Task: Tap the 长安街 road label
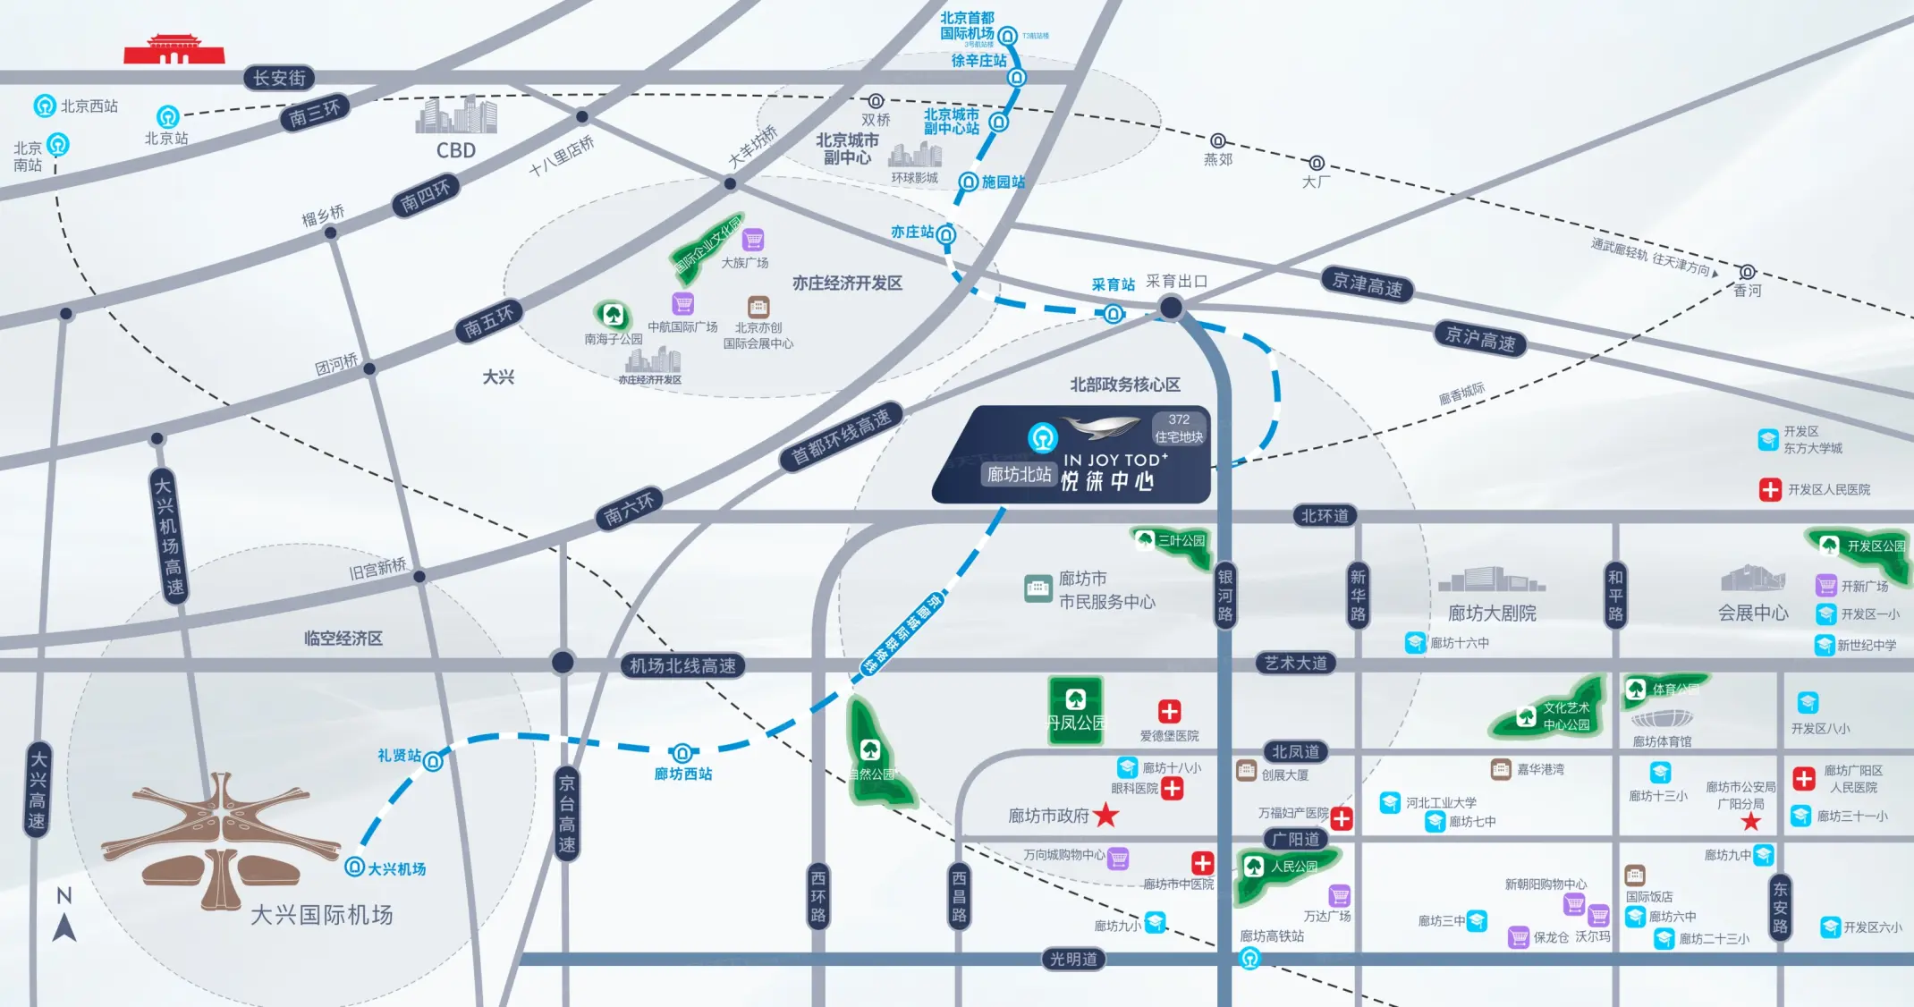coord(279,78)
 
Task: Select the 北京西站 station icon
coord(45,106)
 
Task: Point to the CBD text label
coord(456,150)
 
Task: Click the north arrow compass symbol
coord(64,927)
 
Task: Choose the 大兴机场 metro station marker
coord(355,867)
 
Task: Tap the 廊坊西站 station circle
coord(682,753)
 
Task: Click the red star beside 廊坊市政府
coord(1106,815)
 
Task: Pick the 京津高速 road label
coord(1368,285)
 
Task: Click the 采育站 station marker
coord(1114,314)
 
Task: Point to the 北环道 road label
coord(1325,516)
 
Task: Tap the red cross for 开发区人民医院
coord(1770,489)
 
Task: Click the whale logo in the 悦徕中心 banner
coord(1100,428)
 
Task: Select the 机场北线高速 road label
coord(682,665)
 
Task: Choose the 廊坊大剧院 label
coord(1492,614)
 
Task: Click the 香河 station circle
coord(1747,272)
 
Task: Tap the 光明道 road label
coord(1073,959)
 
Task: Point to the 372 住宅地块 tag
coord(1179,428)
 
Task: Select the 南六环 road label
coord(629,509)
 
